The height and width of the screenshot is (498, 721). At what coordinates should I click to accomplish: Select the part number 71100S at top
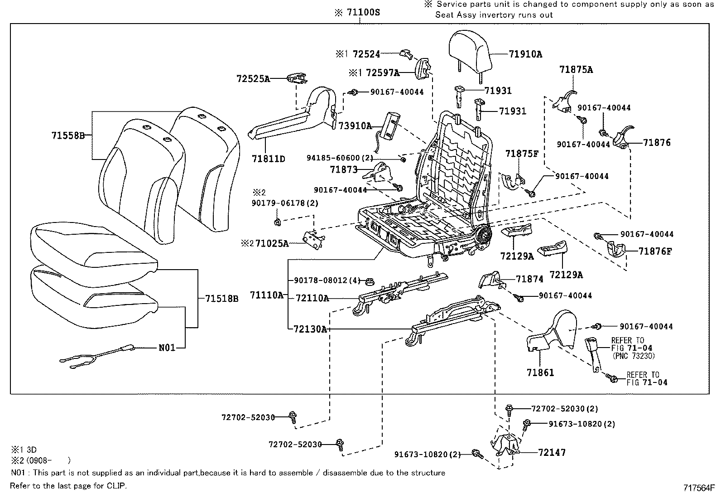362,13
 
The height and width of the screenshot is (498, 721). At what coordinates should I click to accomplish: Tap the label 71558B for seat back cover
68,135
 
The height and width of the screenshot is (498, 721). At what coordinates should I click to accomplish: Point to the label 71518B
221,299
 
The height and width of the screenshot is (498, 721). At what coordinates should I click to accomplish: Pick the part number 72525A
253,79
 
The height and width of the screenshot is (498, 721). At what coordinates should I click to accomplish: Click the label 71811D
269,159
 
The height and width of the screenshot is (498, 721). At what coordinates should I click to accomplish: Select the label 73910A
355,126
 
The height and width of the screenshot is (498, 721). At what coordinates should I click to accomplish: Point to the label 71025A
272,244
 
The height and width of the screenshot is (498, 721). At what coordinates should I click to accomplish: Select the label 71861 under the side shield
540,372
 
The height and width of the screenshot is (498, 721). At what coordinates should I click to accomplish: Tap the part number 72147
552,452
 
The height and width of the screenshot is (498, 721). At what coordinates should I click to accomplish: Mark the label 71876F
655,251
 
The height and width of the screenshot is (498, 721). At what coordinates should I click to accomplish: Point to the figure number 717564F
699,488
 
